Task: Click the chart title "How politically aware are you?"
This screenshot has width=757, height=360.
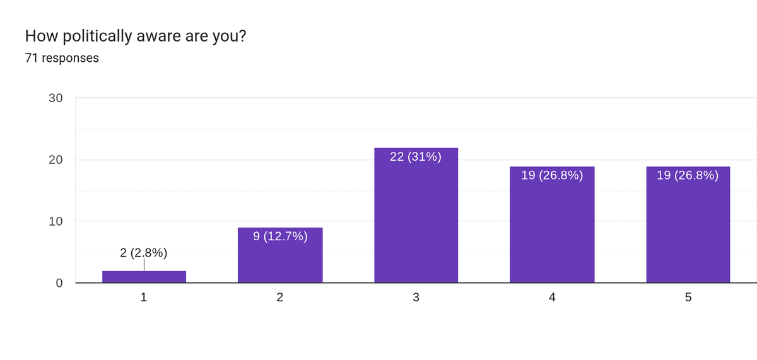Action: [x=135, y=37]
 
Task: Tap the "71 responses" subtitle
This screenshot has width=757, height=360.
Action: [x=62, y=59]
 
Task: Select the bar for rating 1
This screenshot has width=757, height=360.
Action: [x=144, y=277]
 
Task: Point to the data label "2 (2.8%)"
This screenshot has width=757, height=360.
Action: [x=144, y=253]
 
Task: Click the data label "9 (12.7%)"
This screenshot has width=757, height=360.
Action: [x=280, y=237]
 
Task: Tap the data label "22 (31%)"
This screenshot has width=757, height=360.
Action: [x=416, y=157]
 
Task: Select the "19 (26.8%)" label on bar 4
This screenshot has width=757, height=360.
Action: [x=552, y=176]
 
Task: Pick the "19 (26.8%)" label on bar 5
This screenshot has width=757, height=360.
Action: [x=688, y=176]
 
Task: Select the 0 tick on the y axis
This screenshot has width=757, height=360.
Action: [x=59, y=283]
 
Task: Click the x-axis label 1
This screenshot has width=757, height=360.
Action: [x=144, y=298]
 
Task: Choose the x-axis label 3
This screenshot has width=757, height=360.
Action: [x=416, y=298]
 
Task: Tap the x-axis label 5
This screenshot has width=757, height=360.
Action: [x=688, y=298]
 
